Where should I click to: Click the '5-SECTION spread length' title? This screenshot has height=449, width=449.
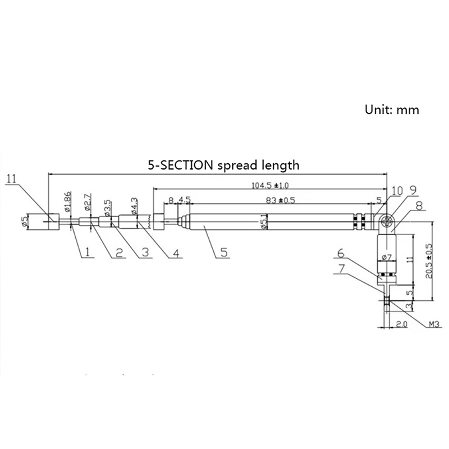(223, 165)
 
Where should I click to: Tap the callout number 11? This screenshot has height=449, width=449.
(13, 179)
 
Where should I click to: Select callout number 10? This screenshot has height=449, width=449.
(397, 191)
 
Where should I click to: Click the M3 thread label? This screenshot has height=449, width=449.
(434, 324)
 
